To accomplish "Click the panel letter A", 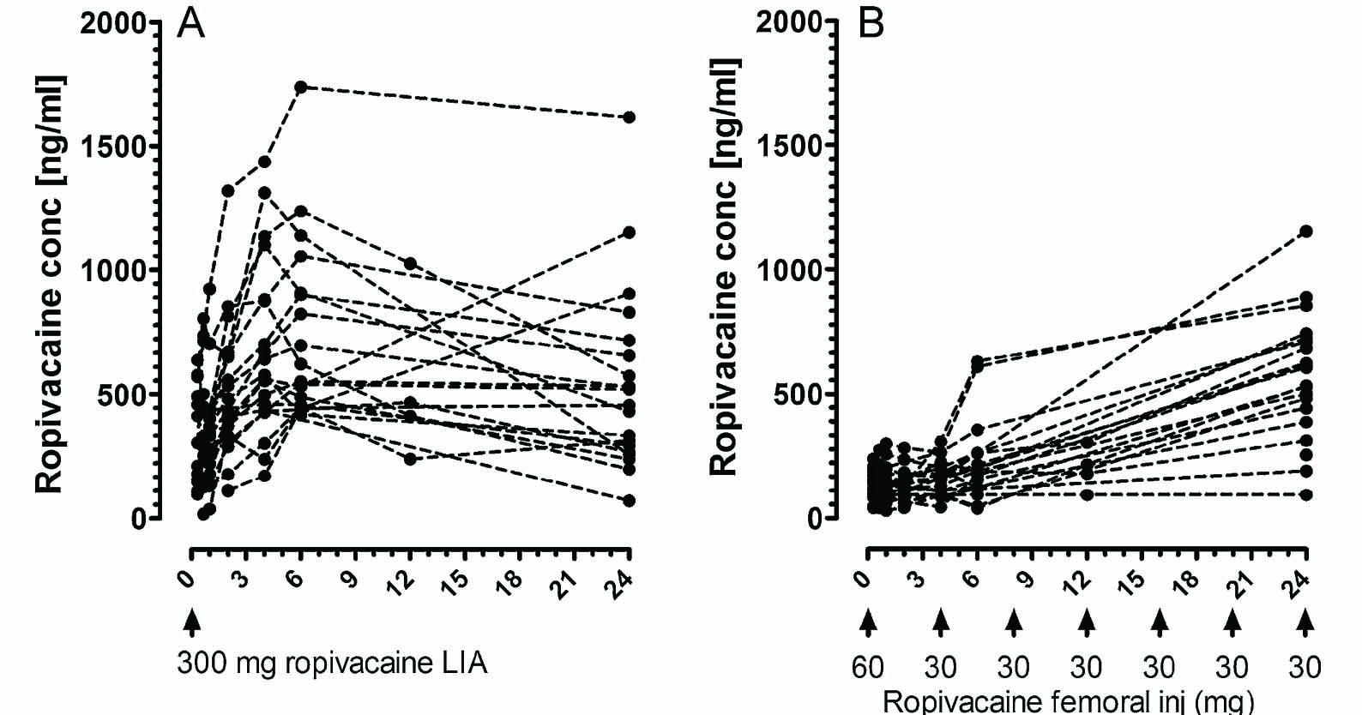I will (x=190, y=24).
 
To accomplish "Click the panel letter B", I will (x=871, y=24).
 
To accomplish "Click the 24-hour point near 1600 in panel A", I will (x=629, y=117).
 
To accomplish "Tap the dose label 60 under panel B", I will (x=868, y=666).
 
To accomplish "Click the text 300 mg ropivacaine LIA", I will (x=332, y=663).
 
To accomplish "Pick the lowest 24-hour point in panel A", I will (x=629, y=500).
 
